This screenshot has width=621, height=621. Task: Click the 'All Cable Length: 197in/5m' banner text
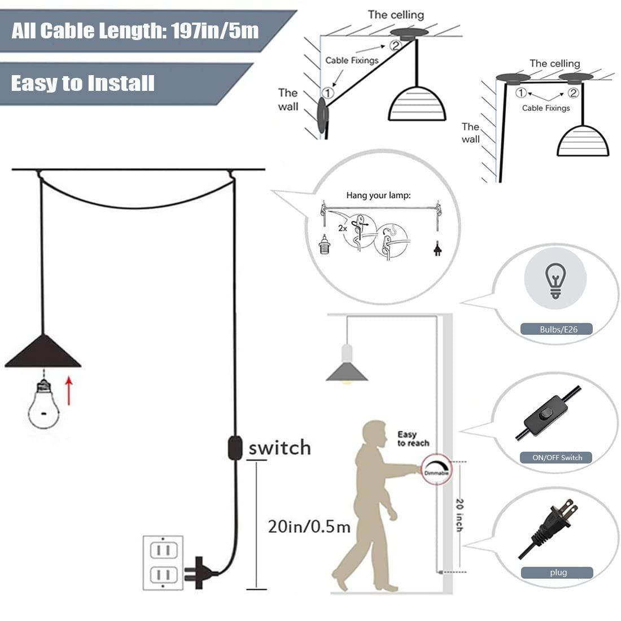click(135, 30)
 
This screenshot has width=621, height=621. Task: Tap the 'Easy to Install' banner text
click(82, 83)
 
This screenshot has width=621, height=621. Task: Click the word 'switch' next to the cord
click(279, 448)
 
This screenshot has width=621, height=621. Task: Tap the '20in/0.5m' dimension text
click(309, 527)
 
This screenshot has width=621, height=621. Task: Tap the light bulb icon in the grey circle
click(556, 281)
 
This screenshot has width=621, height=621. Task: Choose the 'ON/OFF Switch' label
click(557, 457)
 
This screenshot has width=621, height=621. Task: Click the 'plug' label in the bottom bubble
click(558, 572)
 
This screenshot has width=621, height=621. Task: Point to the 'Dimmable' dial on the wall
click(435, 469)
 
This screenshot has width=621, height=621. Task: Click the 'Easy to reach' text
click(412, 439)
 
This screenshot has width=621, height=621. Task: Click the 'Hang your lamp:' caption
click(378, 196)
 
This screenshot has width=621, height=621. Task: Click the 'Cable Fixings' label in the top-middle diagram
click(351, 60)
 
